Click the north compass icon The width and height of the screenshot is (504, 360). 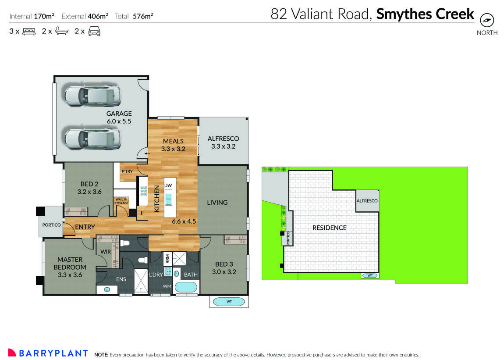click(x=487, y=20)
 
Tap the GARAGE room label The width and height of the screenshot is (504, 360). click(x=119, y=117)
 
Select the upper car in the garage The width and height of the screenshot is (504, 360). click(x=92, y=96)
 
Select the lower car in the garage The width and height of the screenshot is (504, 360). click(x=92, y=138)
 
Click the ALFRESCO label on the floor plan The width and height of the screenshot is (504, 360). click(x=223, y=143)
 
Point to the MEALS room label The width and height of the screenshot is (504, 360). click(x=173, y=145)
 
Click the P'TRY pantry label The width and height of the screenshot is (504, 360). click(x=127, y=171)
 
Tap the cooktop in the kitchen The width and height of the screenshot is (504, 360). click(x=143, y=190)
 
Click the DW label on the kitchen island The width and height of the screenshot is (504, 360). click(x=168, y=185)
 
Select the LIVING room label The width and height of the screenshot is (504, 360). click(x=217, y=203)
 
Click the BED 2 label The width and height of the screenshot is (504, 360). click(x=89, y=188)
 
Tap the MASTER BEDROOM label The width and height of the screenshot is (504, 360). click(x=70, y=267)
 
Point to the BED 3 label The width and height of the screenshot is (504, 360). click(x=224, y=267)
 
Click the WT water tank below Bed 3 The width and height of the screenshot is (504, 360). click(x=229, y=302)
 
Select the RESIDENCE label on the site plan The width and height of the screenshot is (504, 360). click(x=329, y=228)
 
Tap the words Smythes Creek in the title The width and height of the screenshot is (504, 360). click(x=425, y=14)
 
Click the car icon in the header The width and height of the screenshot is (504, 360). click(x=95, y=31)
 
